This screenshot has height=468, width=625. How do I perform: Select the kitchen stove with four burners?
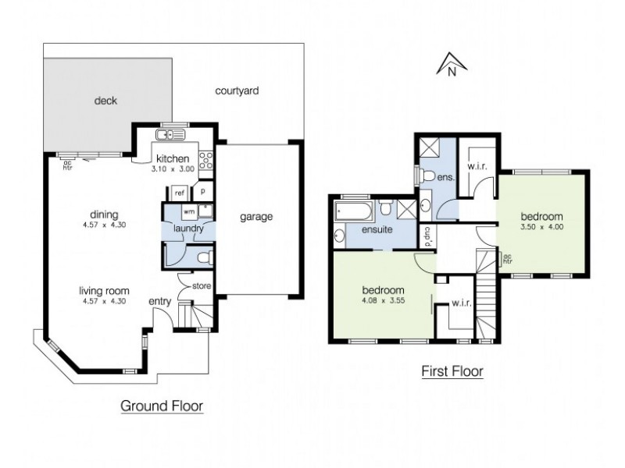coord(207,161)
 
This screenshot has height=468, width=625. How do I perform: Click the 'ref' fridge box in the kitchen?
coord(180,192)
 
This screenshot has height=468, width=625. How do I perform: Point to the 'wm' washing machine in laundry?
coord(188,211)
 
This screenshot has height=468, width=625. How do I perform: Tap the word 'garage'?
coord(256,216)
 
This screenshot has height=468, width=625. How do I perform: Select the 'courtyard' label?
coord(237,91)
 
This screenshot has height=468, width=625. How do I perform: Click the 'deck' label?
coord(105,100)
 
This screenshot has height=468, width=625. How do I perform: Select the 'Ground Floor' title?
coord(161,406)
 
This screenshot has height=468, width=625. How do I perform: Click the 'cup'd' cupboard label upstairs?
coord(428,235)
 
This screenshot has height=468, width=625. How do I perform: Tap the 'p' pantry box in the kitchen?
coord(202,191)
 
